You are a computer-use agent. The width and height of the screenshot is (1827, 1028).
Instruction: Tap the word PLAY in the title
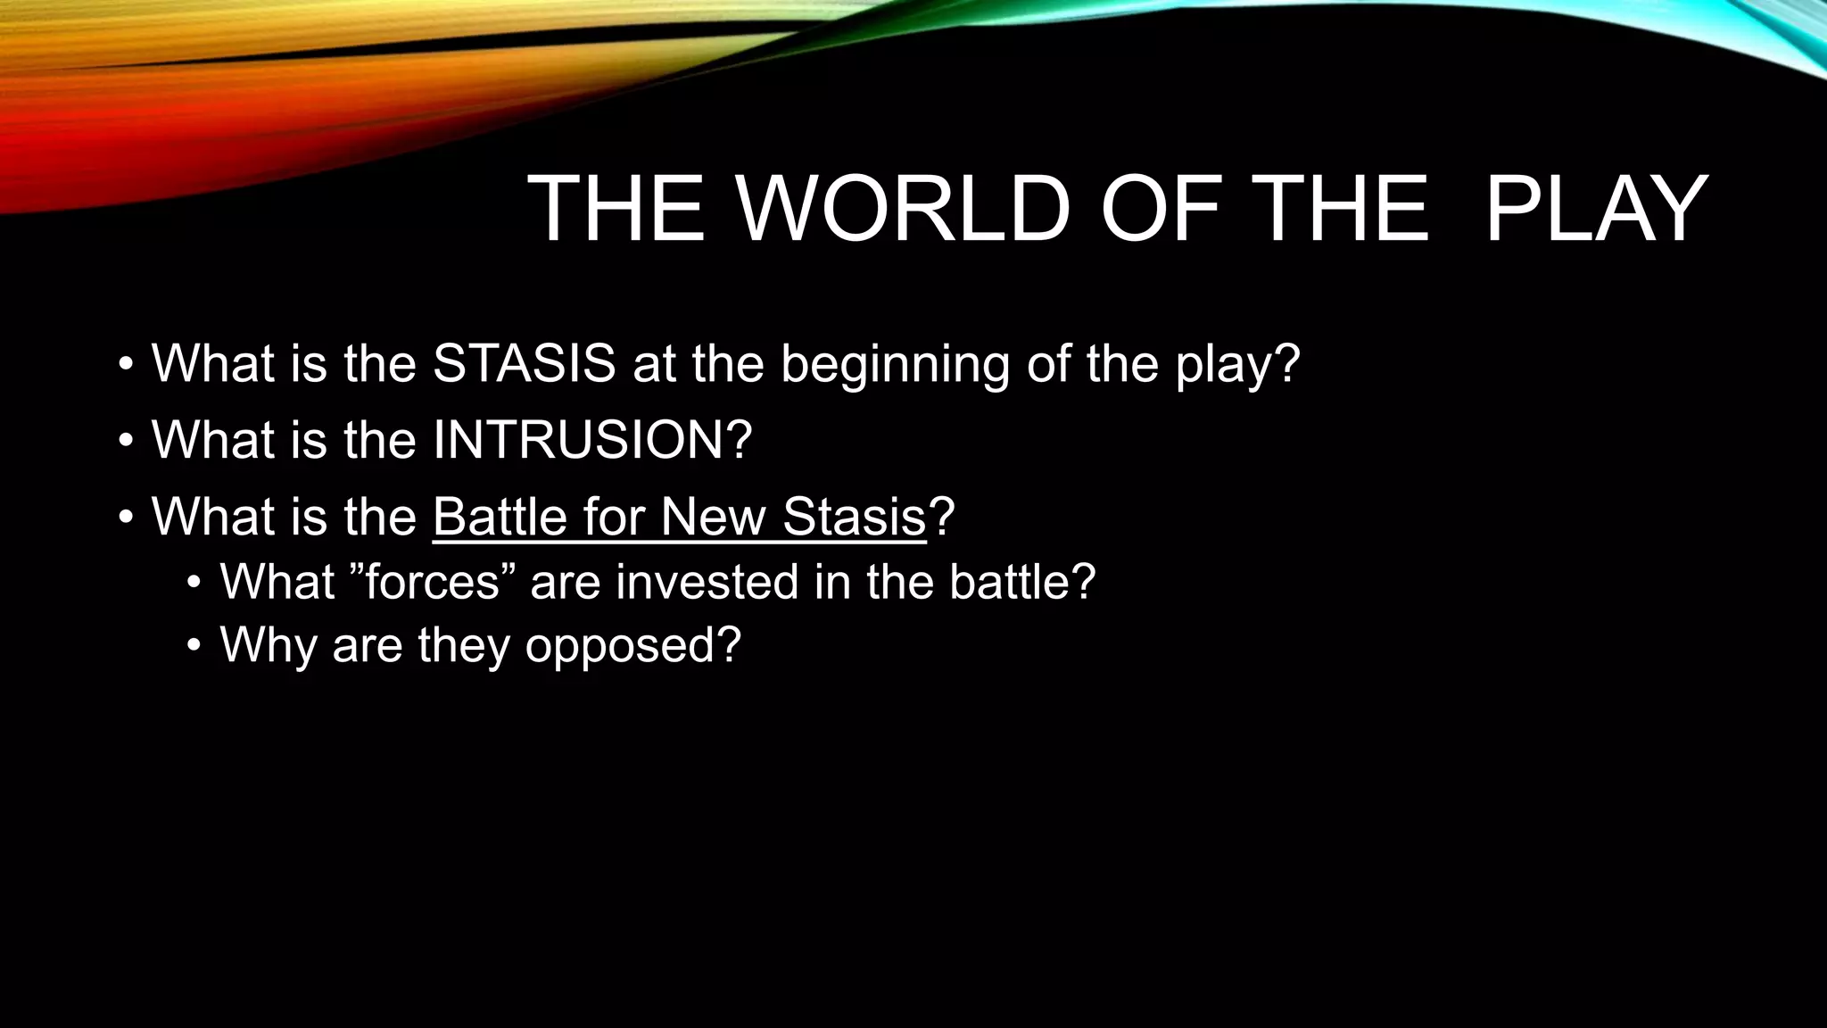coord(1596,210)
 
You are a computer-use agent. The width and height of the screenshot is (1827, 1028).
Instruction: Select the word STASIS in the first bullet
coord(524,363)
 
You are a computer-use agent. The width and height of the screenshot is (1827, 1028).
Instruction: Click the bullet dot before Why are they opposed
coord(194,647)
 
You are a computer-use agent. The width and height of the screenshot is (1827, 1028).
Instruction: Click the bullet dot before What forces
coord(194,584)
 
